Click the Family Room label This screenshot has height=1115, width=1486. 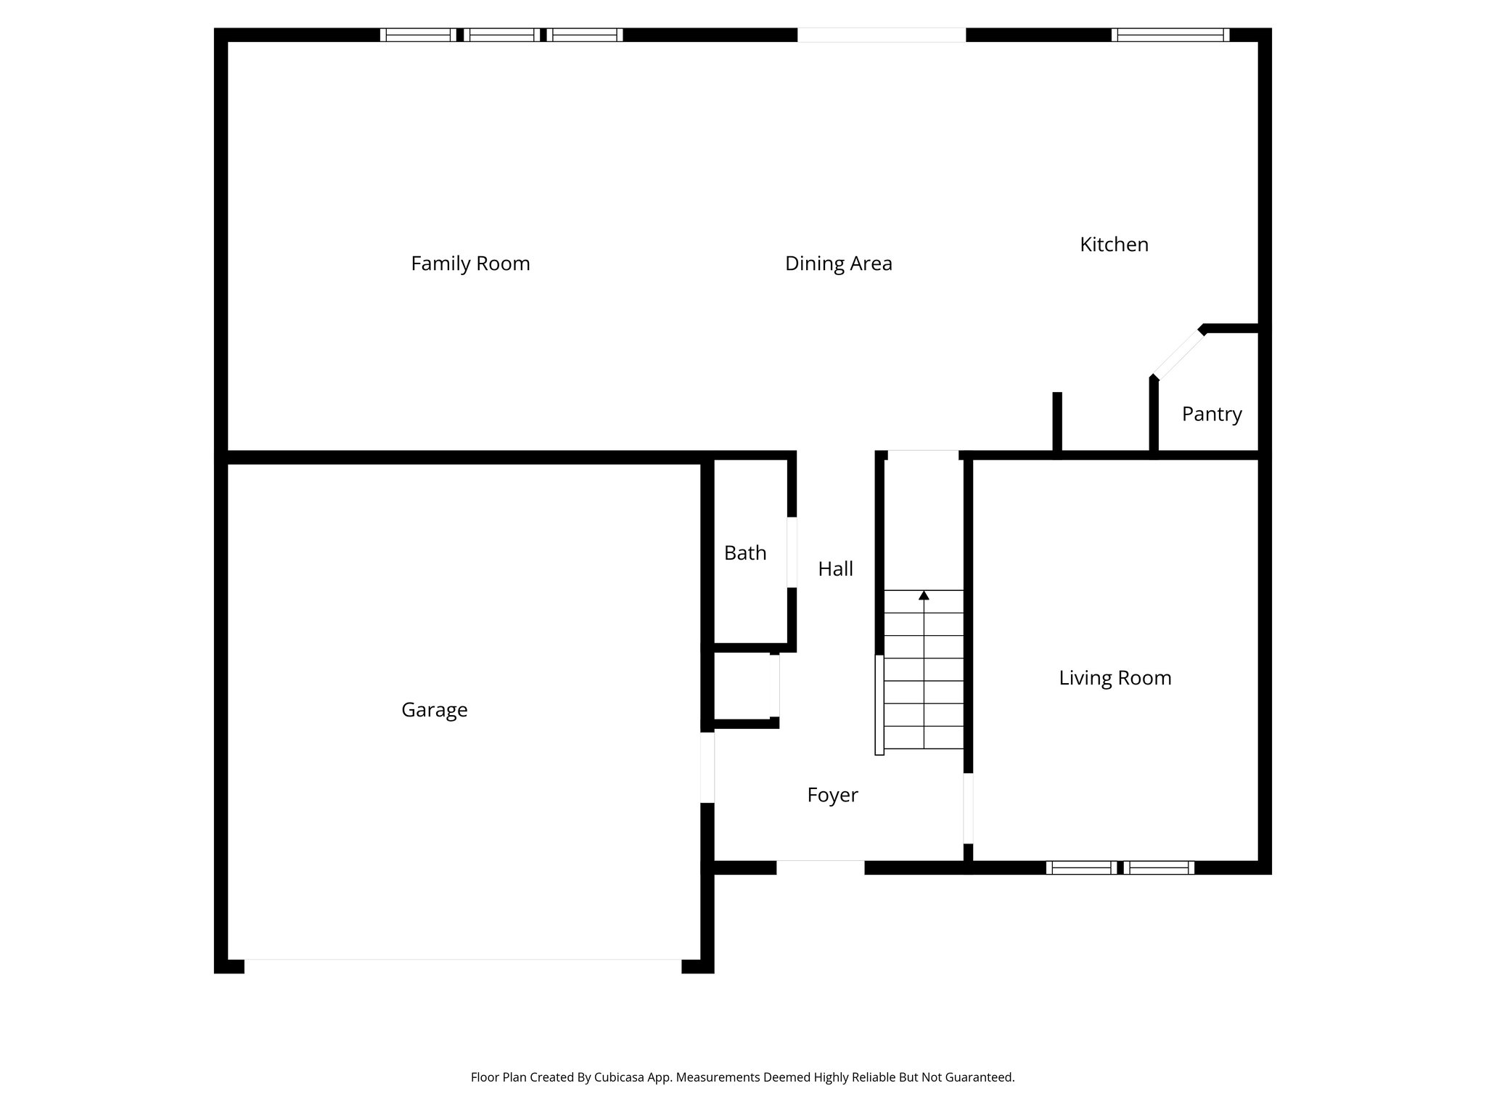[470, 264]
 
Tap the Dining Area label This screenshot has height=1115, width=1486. [838, 264]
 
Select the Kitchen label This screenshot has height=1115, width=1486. [1114, 245]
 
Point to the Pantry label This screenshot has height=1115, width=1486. [1212, 414]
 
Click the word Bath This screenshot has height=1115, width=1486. [745, 553]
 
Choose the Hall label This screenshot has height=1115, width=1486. [835, 569]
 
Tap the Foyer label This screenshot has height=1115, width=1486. [832, 796]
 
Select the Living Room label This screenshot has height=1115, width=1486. [1114, 678]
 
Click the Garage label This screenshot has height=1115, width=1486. [434, 710]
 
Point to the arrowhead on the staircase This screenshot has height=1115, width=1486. [924, 596]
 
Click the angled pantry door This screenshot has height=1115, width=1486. [1177, 354]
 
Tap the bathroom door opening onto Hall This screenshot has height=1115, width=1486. [792, 552]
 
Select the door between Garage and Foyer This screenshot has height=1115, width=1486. [707, 767]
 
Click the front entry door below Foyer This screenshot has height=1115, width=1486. [820, 867]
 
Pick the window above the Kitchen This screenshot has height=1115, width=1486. [1170, 35]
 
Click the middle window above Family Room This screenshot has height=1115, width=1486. [501, 35]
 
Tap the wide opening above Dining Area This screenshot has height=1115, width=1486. [881, 35]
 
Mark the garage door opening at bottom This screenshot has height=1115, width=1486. [462, 965]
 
